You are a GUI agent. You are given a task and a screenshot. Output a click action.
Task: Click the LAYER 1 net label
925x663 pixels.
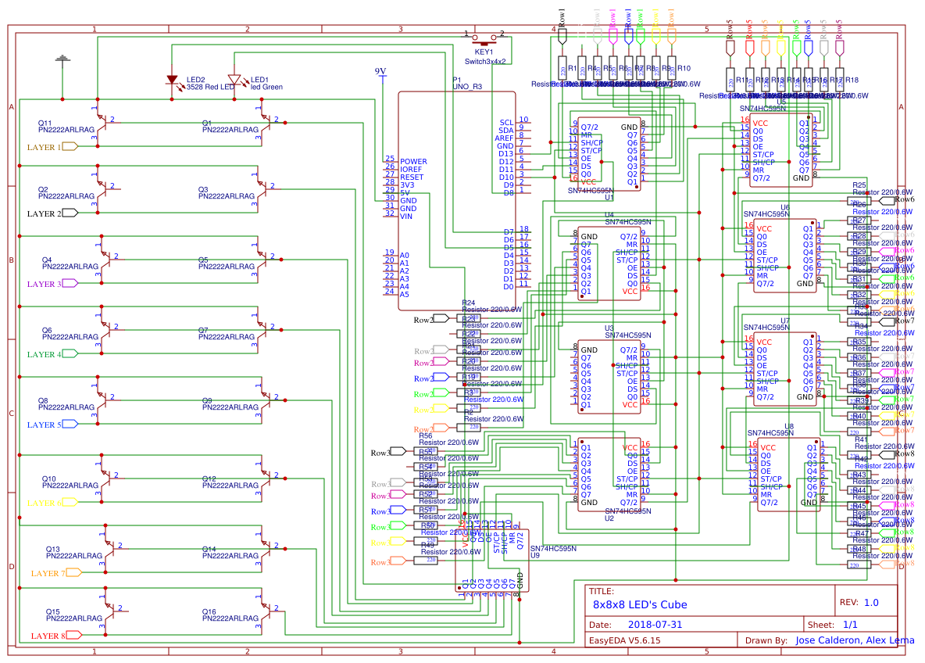click(45, 146)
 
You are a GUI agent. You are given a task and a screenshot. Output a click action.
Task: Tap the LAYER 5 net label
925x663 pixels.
click(45, 425)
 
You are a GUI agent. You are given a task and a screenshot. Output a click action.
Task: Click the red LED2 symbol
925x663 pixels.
click(172, 80)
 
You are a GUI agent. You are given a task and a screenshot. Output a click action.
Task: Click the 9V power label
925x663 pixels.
click(380, 71)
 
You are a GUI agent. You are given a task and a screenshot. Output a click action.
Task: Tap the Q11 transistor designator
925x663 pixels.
click(45, 124)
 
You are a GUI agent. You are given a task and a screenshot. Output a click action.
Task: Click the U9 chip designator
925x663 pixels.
click(535, 555)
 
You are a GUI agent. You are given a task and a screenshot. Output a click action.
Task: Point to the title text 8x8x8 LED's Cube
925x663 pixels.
click(640, 604)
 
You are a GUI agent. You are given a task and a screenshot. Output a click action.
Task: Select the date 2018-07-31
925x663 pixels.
click(655, 625)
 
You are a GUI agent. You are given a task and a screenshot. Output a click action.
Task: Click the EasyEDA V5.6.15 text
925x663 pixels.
click(625, 640)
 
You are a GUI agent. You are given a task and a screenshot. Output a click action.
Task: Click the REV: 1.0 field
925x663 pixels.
click(859, 603)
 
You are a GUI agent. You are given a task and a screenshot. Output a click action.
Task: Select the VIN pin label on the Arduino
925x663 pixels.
click(405, 216)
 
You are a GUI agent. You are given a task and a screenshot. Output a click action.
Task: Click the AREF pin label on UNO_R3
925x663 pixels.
click(504, 138)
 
